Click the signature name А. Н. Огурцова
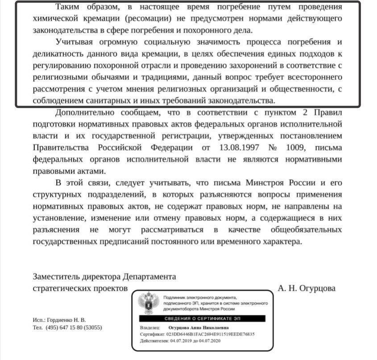point(307,288)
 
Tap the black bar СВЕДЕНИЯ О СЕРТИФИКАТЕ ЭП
point(202,318)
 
